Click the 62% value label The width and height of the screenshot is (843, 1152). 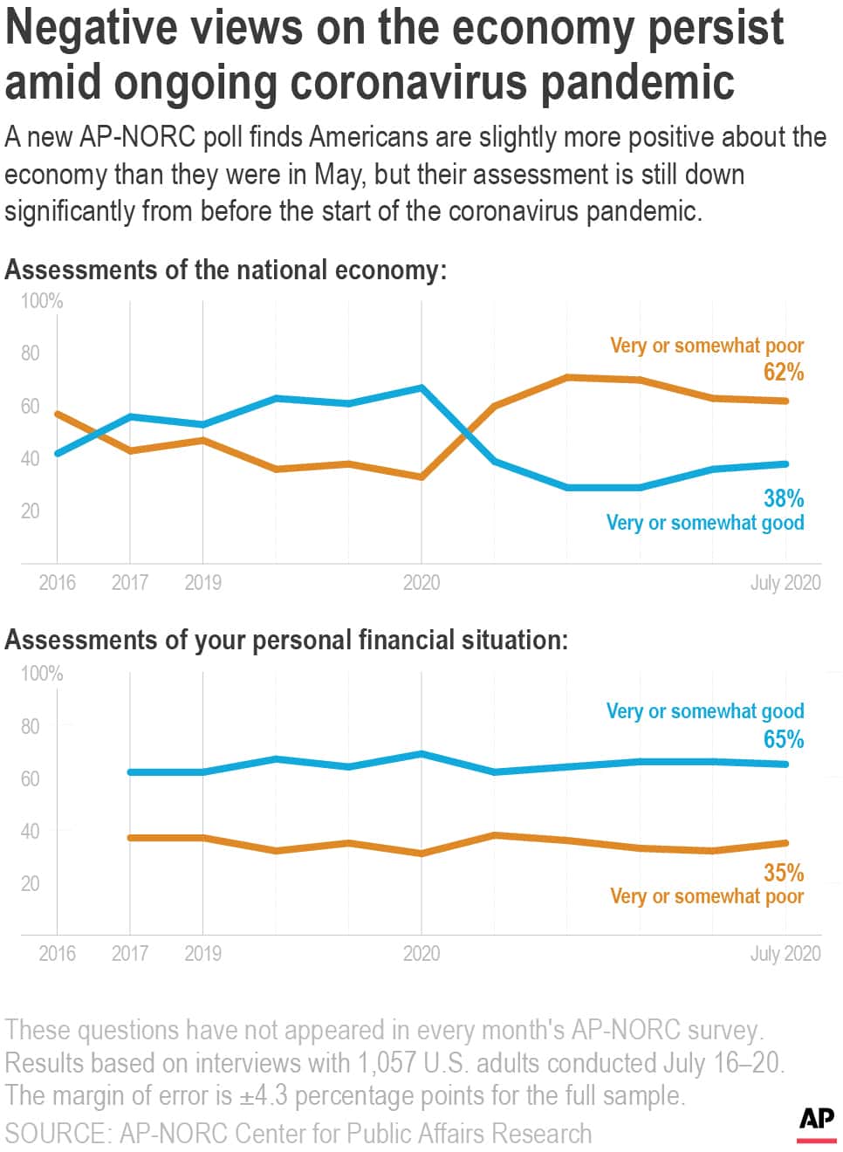[x=783, y=373]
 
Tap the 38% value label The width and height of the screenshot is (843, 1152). [x=783, y=498]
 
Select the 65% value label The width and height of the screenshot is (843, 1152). [x=783, y=739]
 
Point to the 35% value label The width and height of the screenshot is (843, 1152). [x=783, y=872]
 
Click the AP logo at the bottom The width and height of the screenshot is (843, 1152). [x=816, y=1122]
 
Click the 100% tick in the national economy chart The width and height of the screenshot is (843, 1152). [x=42, y=301]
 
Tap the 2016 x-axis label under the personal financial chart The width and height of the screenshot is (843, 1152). [x=57, y=953]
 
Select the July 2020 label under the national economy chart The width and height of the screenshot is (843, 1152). [x=785, y=582]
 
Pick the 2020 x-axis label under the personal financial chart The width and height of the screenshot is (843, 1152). [x=421, y=953]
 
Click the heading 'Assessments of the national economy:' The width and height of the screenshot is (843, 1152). [x=225, y=270]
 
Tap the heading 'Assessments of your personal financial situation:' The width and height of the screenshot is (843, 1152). [x=286, y=640]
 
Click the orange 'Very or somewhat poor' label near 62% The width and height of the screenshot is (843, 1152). [x=707, y=346]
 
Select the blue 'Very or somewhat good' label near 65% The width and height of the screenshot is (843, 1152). [x=705, y=711]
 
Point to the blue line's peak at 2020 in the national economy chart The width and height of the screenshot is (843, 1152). [x=421, y=387]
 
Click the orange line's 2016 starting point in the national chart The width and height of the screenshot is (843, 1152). [x=58, y=414]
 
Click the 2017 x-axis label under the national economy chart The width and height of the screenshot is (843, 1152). [x=130, y=582]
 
